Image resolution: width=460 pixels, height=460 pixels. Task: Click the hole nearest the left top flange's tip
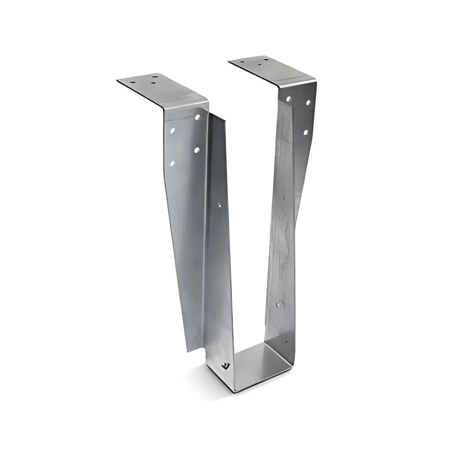pos(133,82)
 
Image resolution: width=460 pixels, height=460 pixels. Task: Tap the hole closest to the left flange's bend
pos(154,83)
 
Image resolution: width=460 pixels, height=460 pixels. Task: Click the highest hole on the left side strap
pos(197,117)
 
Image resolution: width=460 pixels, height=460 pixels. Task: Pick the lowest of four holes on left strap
pos(172,163)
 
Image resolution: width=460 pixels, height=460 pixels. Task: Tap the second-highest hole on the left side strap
pos(172,131)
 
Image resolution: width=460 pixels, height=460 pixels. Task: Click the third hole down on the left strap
pos(197,150)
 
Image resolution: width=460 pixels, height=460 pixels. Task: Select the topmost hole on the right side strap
pos(288,98)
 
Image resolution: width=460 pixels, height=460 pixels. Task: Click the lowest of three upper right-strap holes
pos(305,132)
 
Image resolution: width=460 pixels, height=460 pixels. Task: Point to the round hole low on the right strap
pos(279,304)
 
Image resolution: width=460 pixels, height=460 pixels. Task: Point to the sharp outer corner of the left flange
pos(118,81)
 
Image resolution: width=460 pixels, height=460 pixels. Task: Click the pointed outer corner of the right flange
pos(229,62)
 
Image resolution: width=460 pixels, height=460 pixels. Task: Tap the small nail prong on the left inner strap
pos(219,204)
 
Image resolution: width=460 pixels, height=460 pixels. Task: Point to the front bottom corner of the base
pos(234,392)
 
